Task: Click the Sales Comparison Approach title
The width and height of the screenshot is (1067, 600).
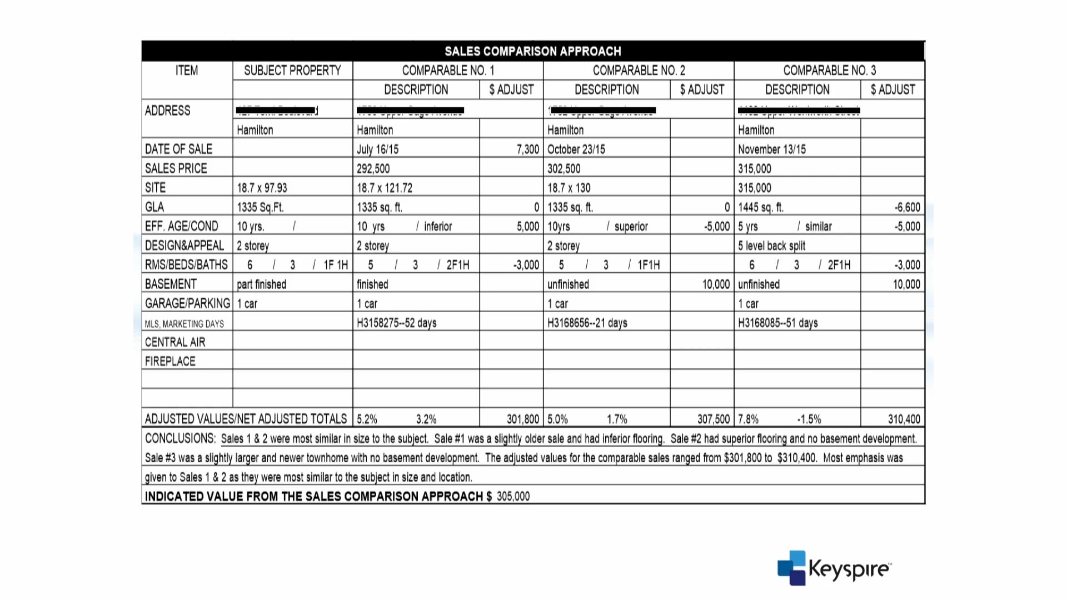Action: pos(532,51)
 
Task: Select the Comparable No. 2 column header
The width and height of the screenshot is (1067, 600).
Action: pos(639,71)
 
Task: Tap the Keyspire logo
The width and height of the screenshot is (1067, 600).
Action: pos(834,568)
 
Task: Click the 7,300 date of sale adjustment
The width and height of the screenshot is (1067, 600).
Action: pos(527,149)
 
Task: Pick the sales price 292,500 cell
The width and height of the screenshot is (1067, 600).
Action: pos(373,169)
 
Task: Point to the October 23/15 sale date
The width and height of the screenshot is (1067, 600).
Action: pos(576,149)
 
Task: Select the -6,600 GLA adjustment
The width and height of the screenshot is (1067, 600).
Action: pos(907,207)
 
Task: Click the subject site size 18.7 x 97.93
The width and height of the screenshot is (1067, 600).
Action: pos(262,188)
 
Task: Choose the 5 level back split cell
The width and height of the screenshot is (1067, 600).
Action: pos(771,246)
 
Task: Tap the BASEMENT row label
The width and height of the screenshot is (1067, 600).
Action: pos(171,284)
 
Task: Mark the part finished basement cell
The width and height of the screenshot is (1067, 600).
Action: pos(261,284)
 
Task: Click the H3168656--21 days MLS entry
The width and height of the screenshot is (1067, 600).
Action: pos(587,323)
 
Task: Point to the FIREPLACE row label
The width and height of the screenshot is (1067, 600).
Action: pos(170,361)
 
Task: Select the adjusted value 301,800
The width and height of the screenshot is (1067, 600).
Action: pos(522,419)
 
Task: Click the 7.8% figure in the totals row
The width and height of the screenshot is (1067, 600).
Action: pos(748,419)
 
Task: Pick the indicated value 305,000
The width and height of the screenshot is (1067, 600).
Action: pos(513,496)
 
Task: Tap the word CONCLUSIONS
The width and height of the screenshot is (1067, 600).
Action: pos(180,438)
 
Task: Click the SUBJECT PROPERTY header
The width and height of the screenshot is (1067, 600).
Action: pos(292,71)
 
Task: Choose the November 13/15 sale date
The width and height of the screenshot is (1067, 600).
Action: pos(771,149)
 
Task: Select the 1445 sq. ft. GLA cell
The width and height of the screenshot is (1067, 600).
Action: pos(760,207)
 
